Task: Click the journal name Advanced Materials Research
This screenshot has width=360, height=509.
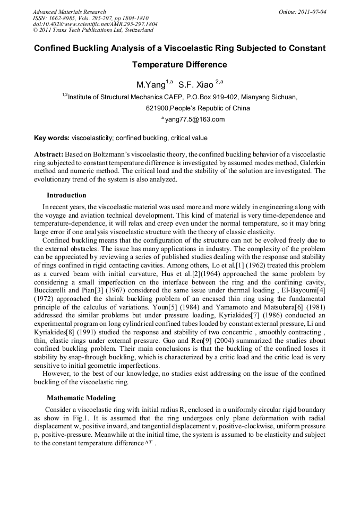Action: pos(69,12)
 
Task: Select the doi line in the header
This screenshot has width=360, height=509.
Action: pos(95,24)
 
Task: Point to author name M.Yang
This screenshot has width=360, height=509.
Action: pos(151,85)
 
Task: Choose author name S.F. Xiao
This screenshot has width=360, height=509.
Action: pos(195,85)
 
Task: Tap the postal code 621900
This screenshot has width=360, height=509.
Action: pos(157,108)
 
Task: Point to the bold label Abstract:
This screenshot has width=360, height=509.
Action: pos(48,153)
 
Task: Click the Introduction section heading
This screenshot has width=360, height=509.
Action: pos(66,195)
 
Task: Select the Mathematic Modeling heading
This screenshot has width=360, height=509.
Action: pos(81,398)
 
